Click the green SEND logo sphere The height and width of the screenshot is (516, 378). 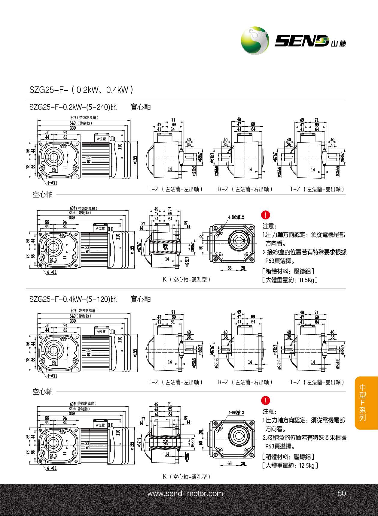[x=255, y=41]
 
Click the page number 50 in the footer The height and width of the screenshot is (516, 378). [x=342, y=493]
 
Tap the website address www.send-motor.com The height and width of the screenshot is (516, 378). [x=185, y=493]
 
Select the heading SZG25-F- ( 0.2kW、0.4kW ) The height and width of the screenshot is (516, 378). [x=81, y=90]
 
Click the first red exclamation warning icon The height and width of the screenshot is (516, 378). [x=266, y=215]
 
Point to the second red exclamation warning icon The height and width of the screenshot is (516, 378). [x=266, y=400]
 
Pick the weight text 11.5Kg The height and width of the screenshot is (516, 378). [x=306, y=280]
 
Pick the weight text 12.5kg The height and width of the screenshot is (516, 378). [x=306, y=466]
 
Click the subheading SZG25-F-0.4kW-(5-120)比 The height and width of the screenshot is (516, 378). [x=73, y=299]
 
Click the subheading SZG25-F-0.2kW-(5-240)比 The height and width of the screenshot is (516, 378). [x=73, y=107]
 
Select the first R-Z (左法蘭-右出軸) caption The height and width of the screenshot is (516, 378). [x=245, y=189]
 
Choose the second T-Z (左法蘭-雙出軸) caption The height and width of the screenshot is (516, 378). [x=317, y=382]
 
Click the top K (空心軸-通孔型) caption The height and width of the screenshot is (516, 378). [x=187, y=279]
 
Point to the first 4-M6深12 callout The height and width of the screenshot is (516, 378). [x=236, y=217]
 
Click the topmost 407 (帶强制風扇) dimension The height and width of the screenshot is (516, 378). [x=85, y=118]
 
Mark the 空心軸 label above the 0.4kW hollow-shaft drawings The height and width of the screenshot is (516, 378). [x=43, y=391]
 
